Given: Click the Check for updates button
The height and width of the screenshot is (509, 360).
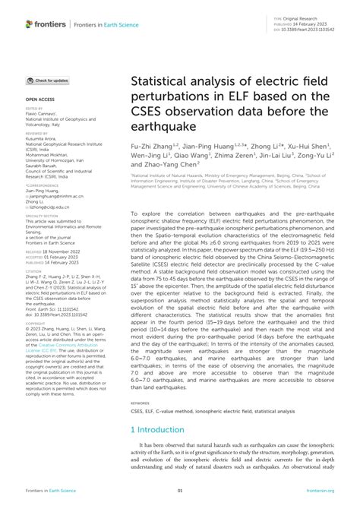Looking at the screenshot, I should (49, 80).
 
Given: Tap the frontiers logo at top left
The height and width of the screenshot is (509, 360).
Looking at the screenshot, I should (45, 24).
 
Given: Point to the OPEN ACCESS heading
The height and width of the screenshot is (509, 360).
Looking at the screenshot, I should (39, 99).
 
